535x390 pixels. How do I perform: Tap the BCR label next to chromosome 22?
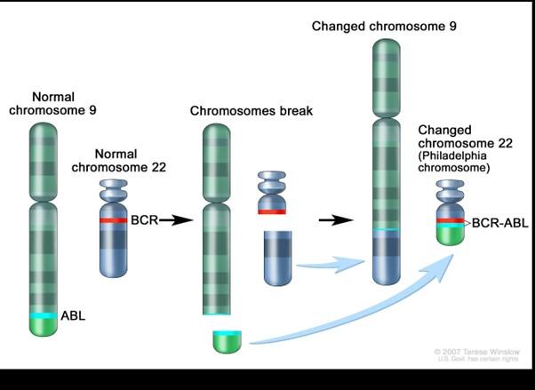[x=143, y=219]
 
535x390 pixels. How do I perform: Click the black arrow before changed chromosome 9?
[x=331, y=219]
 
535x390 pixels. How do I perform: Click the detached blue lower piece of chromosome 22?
[x=279, y=258]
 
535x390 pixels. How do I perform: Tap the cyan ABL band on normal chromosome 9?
[x=43, y=315]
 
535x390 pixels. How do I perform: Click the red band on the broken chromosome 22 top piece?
[x=271, y=211]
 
